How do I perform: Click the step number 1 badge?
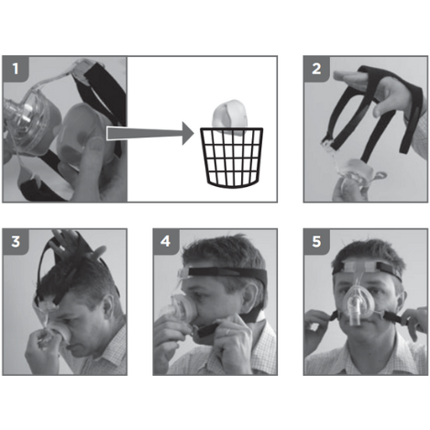(16, 69)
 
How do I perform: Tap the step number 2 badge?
(316, 69)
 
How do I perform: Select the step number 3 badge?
(16, 242)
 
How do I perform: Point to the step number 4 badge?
(166, 242)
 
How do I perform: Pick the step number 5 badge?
(316, 242)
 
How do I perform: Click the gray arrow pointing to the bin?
(150, 134)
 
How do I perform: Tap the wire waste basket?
(231, 158)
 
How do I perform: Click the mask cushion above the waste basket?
(230, 114)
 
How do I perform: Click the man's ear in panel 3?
(109, 306)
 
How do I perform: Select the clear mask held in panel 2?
(355, 174)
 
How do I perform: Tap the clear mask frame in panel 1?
(29, 119)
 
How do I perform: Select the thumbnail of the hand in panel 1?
(95, 144)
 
